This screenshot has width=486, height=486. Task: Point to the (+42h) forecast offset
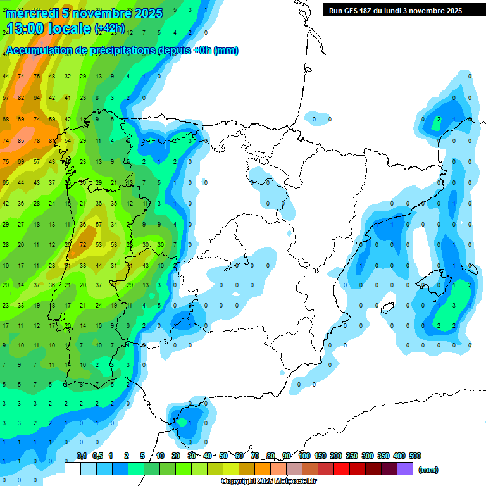click(109, 28)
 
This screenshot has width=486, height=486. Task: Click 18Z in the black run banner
click(367, 11)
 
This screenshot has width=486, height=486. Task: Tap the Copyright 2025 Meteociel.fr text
click(268, 482)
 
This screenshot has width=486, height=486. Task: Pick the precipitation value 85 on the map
click(21, 140)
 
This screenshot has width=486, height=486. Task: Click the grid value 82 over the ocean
click(21, 97)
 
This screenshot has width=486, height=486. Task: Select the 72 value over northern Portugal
click(83, 244)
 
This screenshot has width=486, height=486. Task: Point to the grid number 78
click(36, 140)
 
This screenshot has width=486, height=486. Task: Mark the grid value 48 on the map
click(52, 76)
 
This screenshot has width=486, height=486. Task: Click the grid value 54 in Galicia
click(67, 140)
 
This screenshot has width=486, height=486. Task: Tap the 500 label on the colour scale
click(415, 456)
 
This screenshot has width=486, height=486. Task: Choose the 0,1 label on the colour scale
click(82, 456)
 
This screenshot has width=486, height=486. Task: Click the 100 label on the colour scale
click(304, 456)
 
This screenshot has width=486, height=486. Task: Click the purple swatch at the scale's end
click(405, 469)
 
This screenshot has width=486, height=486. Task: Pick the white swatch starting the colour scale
click(73, 469)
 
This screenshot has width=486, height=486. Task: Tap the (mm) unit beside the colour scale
click(429, 470)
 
